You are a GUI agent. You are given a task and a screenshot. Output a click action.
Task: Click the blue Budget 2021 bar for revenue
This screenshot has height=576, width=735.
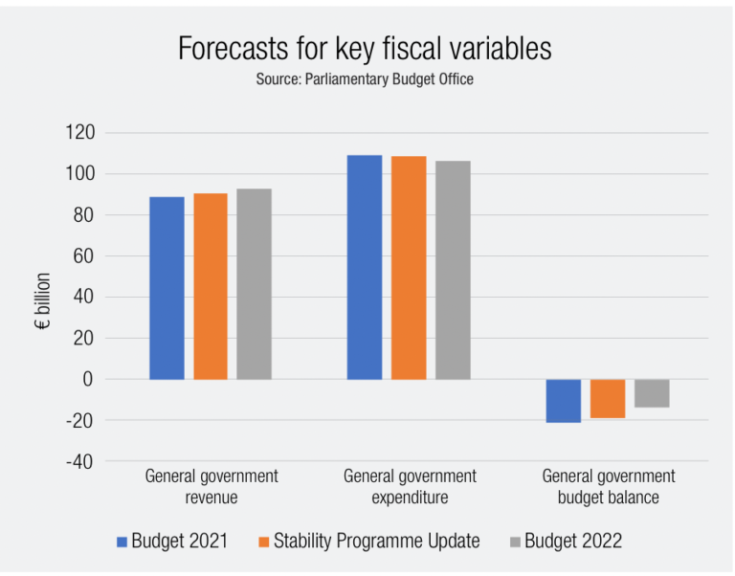167,288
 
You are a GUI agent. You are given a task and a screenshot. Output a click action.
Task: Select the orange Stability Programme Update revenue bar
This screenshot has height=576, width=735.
211,286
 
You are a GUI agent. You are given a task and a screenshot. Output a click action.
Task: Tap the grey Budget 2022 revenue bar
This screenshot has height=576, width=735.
255,284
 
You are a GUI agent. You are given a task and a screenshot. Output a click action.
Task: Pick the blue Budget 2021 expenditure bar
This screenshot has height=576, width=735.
365,267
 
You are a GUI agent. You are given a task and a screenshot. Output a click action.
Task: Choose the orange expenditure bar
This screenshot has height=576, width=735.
409,268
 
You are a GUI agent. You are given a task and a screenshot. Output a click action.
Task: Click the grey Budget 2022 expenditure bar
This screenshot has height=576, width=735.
453,270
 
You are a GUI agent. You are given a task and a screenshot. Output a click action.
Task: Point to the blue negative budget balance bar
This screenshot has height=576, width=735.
564,401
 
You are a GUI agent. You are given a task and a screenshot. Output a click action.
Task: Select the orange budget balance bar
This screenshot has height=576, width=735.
608,399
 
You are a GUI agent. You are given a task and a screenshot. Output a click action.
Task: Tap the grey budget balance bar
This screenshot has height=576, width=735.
652,393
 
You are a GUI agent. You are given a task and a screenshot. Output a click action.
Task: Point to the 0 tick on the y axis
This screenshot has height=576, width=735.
88,379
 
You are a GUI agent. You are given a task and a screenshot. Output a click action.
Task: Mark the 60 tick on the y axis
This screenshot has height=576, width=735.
82,256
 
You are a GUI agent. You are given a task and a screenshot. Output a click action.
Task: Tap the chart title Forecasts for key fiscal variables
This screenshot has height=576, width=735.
365,49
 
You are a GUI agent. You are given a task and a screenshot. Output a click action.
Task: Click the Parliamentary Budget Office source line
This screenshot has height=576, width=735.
365,79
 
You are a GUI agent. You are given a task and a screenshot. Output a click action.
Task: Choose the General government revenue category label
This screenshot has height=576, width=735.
212,487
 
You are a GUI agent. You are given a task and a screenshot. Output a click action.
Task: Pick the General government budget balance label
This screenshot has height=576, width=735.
609,487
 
